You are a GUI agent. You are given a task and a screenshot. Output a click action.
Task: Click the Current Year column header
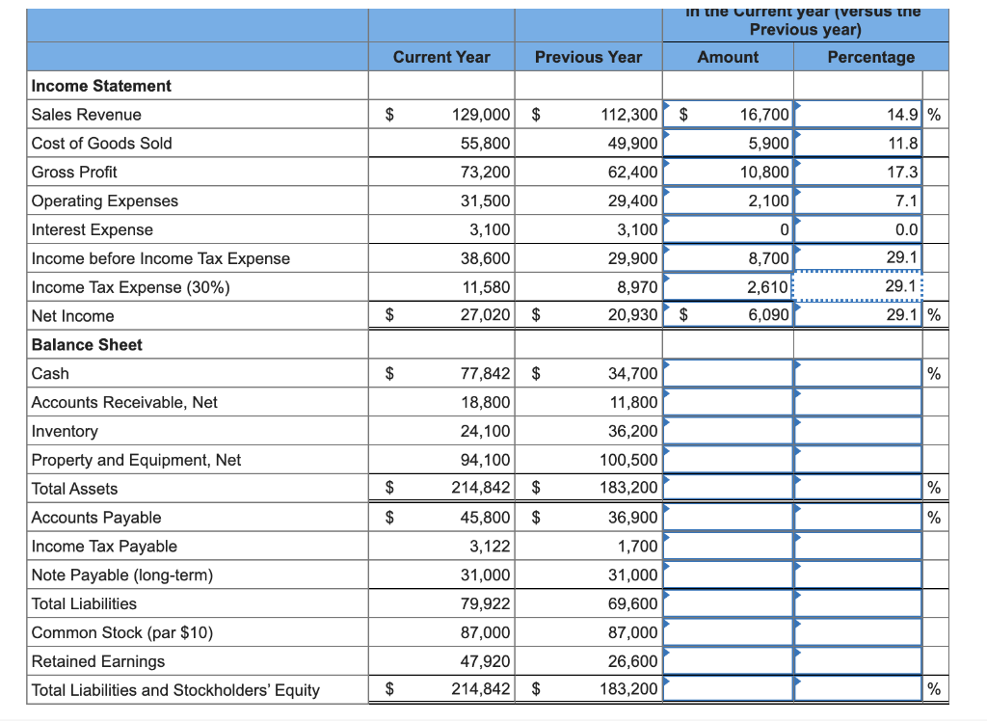pyautogui.click(x=441, y=57)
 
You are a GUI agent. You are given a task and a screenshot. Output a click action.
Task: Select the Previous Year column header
pyautogui.click(x=588, y=57)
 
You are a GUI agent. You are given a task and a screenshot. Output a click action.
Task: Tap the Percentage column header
pyautogui.click(x=870, y=57)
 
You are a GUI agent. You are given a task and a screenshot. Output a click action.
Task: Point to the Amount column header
pyautogui.click(x=728, y=57)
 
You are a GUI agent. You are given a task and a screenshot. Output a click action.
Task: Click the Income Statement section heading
pyautogui.click(x=101, y=86)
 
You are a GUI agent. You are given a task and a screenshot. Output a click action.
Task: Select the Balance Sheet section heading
pyautogui.click(x=87, y=344)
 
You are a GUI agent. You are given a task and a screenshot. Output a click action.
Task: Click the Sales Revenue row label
pyautogui.click(x=87, y=115)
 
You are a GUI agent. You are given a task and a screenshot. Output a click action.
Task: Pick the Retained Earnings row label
pyautogui.click(x=98, y=661)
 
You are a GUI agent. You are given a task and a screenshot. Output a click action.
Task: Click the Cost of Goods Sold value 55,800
pyautogui.click(x=482, y=144)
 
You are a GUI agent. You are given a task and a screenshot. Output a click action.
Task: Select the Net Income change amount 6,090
pyautogui.click(x=768, y=316)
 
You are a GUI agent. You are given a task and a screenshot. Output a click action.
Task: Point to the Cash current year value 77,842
pyautogui.click(x=481, y=374)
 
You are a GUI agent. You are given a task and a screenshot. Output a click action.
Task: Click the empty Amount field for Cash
pyautogui.click(x=729, y=374)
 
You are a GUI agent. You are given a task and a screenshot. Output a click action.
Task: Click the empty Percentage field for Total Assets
pyautogui.click(x=858, y=489)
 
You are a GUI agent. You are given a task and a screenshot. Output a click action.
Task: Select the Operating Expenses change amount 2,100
pyautogui.click(x=768, y=201)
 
